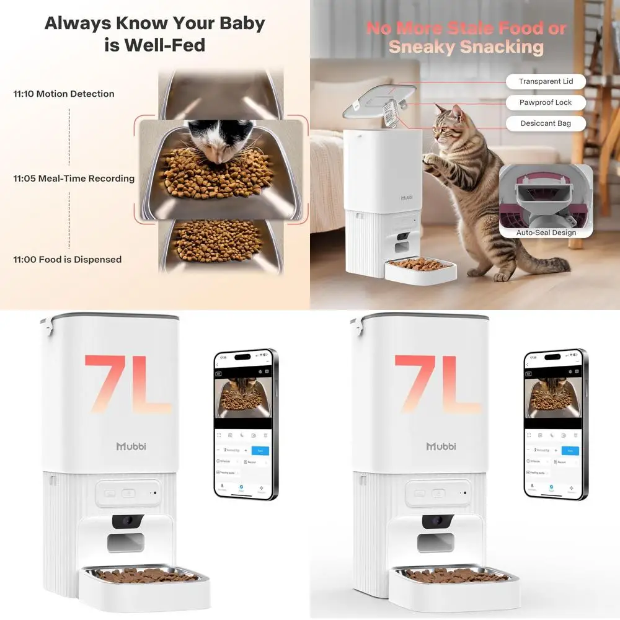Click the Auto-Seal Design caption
(546, 233)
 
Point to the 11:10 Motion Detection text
(64, 94)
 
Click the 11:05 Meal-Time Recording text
(74, 179)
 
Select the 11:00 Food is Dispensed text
(68, 260)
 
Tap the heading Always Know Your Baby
(154, 24)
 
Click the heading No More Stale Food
(466, 29)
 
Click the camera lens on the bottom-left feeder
(128, 521)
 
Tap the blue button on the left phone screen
(260, 450)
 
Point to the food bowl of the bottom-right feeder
(453, 577)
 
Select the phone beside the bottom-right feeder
(556, 425)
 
